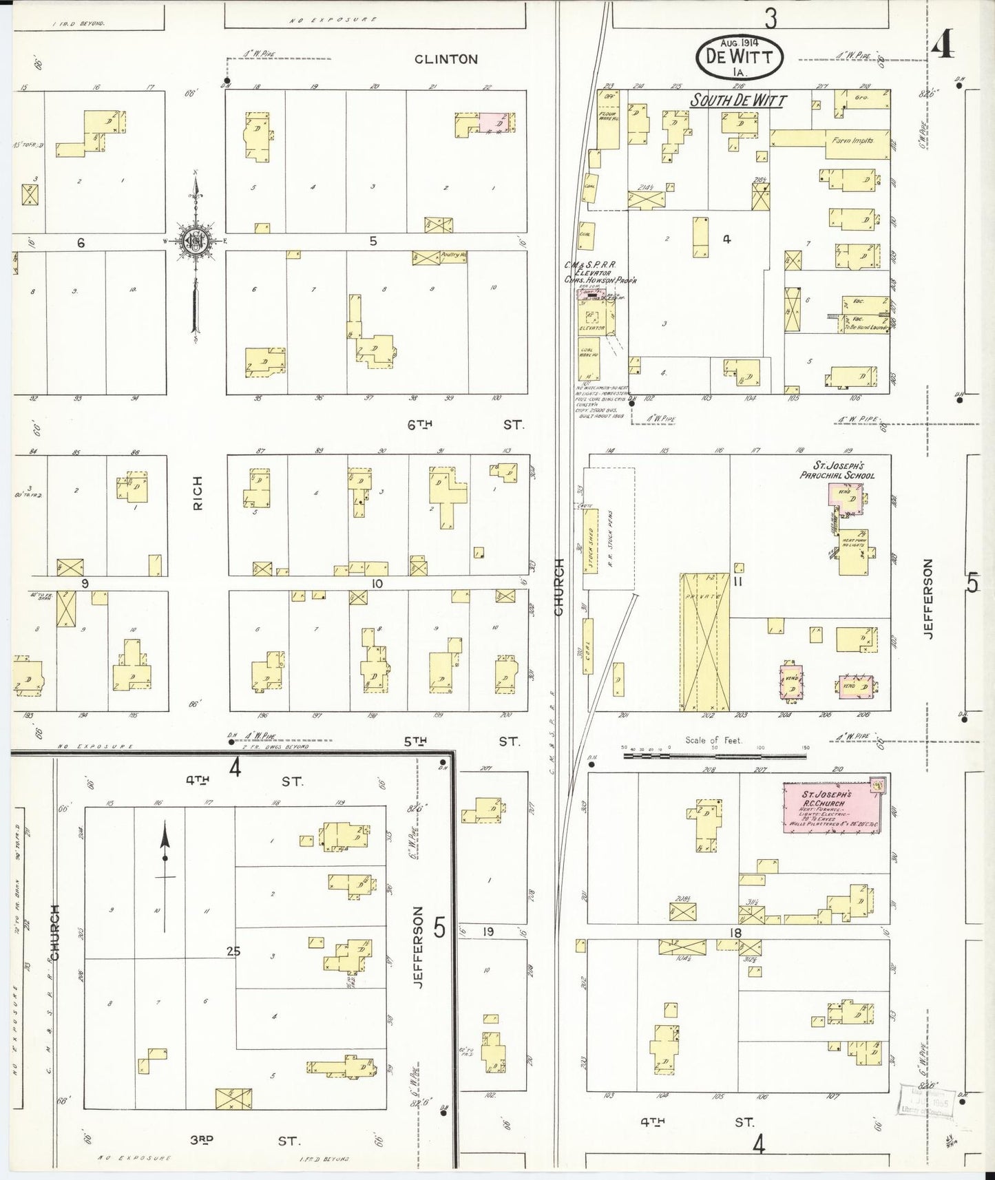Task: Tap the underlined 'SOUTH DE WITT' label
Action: coord(738,101)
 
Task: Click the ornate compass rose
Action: coord(195,240)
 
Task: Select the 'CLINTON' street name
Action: coord(446,59)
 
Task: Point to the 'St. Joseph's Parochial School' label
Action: coord(837,471)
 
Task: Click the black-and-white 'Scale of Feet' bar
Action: coord(714,756)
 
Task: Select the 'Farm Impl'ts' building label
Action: coord(852,140)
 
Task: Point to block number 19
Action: coord(488,932)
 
